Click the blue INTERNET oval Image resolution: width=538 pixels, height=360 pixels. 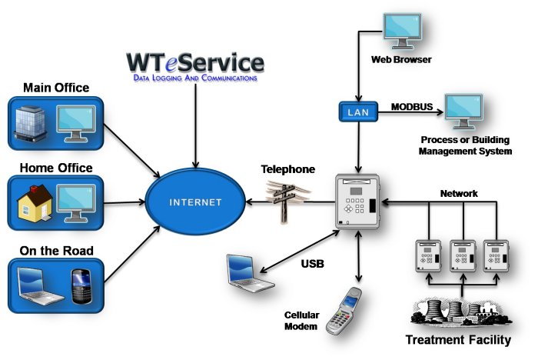pyautogui.click(x=197, y=203)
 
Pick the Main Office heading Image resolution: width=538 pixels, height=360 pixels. pyautogui.click(x=56, y=88)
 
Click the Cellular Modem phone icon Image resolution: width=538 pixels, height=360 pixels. pyautogui.click(x=344, y=311)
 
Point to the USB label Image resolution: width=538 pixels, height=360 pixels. pyautogui.click(x=312, y=264)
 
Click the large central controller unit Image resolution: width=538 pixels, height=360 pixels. pyautogui.click(x=358, y=202)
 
